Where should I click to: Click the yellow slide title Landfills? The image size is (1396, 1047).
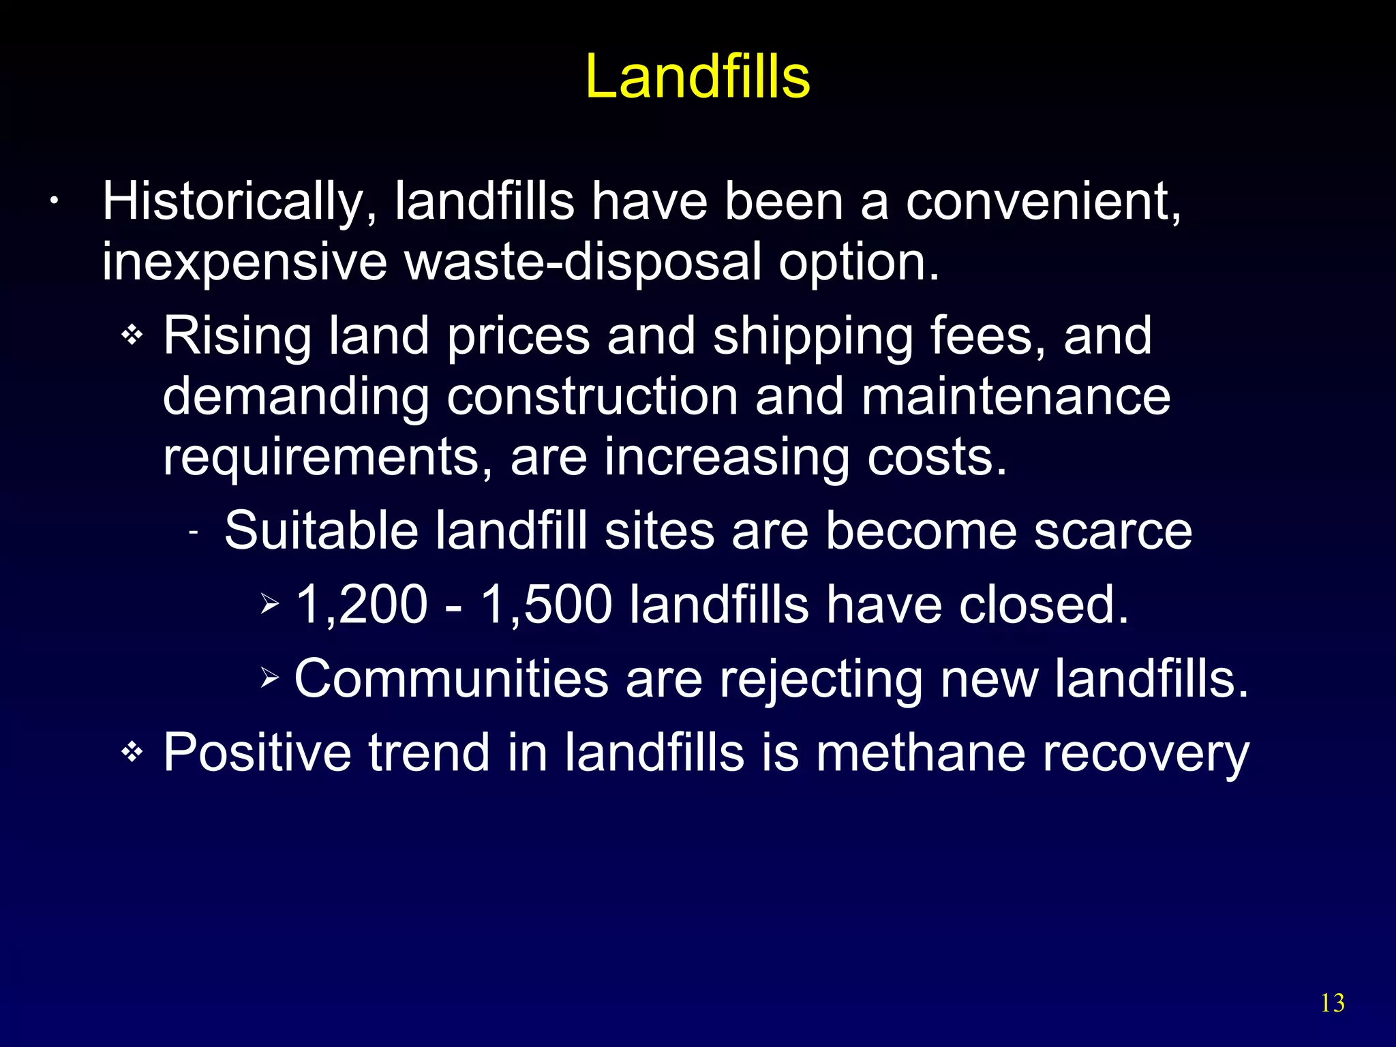(x=697, y=76)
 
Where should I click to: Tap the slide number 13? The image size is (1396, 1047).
(x=1333, y=1003)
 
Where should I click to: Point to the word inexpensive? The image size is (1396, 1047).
(x=244, y=263)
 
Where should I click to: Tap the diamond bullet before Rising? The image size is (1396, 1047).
(x=132, y=335)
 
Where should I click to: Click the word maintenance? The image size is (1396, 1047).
(x=1016, y=397)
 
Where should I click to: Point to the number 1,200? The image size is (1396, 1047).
(x=362, y=605)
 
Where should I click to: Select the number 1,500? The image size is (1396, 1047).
(x=546, y=605)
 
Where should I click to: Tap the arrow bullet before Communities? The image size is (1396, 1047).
(x=270, y=678)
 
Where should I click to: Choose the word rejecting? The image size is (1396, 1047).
(x=821, y=680)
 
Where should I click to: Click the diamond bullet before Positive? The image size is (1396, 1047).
(x=132, y=753)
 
